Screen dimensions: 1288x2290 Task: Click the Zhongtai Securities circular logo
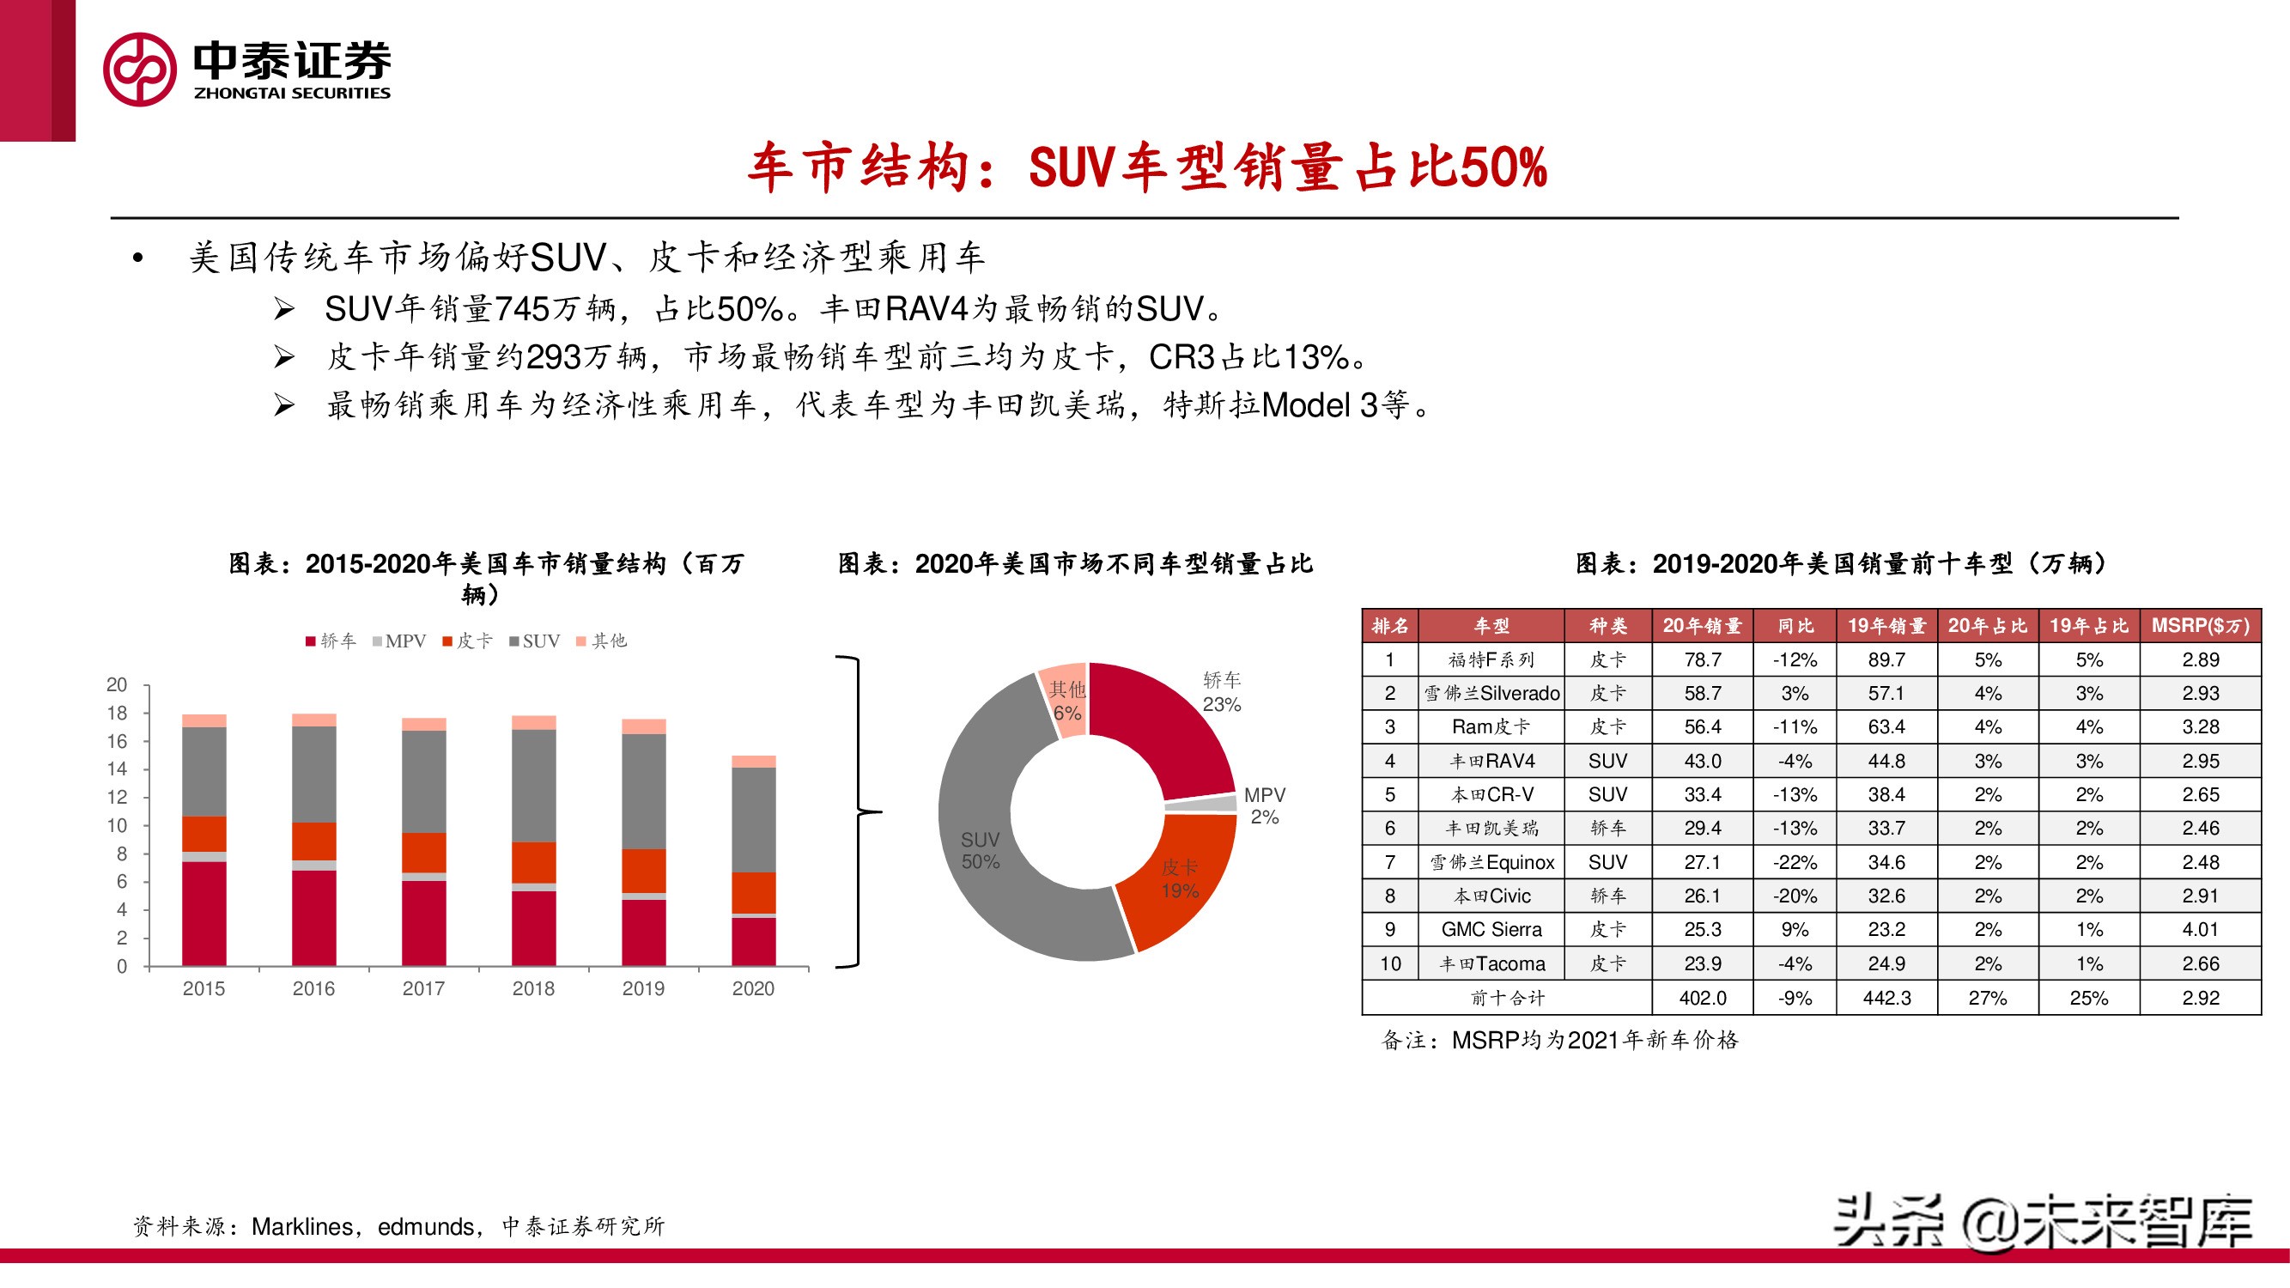(x=140, y=70)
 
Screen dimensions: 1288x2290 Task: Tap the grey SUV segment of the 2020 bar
(x=753, y=818)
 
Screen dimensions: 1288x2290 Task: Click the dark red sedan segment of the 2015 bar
(x=203, y=913)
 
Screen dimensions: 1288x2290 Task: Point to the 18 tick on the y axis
(x=118, y=713)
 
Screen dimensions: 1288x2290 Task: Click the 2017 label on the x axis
(x=423, y=988)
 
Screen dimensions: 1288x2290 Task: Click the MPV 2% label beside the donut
(x=1264, y=805)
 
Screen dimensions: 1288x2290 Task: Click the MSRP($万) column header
(x=2199, y=626)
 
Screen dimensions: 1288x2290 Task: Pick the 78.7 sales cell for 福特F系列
(x=1702, y=659)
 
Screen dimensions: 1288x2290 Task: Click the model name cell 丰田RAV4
(x=1491, y=761)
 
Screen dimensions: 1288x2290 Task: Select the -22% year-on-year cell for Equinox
(x=1794, y=862)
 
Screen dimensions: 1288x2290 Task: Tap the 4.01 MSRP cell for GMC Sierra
(x=2199, y=930)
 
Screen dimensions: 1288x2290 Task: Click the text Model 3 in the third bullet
(x=1319, y=405)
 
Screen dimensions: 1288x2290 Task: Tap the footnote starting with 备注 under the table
(x=1559, y=1040)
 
